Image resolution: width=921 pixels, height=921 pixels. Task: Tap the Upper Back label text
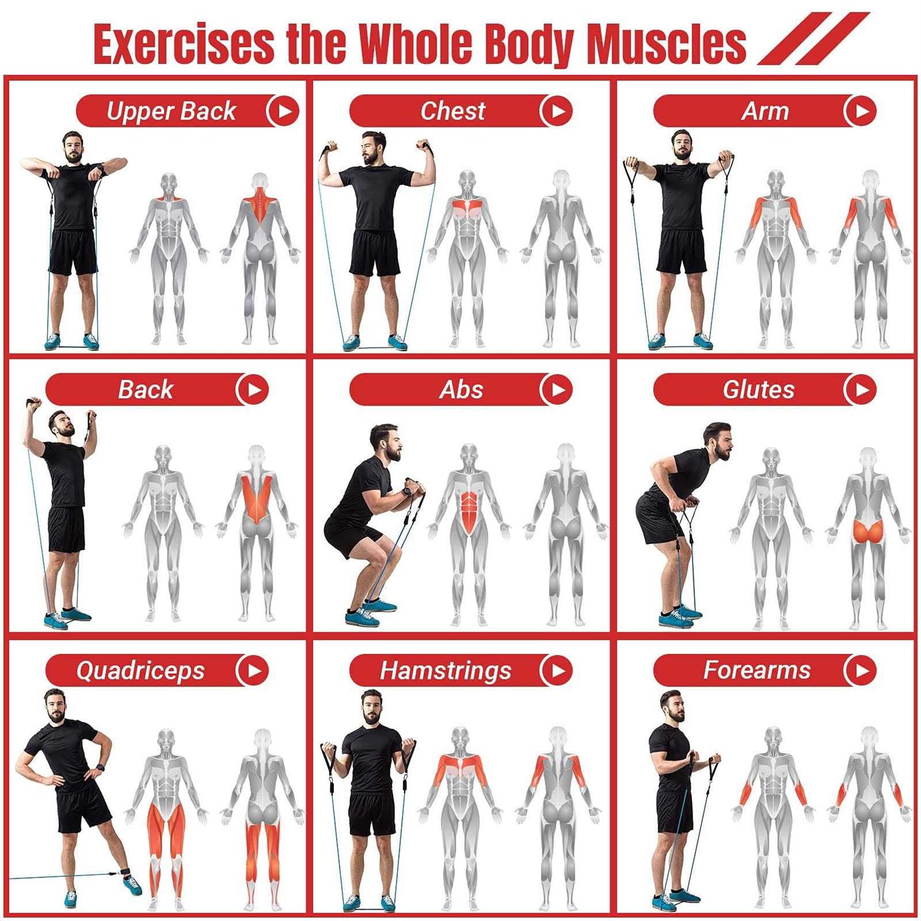tap(171, 112)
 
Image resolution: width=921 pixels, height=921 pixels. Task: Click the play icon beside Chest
tap(556, 111)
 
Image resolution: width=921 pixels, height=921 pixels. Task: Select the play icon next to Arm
tap(860, 111)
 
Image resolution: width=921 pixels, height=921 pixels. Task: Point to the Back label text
tap(146, 389)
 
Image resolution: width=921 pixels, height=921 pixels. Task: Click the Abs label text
tap(461, 390)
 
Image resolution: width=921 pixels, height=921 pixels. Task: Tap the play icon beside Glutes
tap(860, 389)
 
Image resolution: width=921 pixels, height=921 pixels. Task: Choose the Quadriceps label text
tap(140, 671)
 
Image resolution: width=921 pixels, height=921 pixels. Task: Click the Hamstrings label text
tap(445, 670)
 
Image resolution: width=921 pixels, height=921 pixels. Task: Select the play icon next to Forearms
tap(860, 670)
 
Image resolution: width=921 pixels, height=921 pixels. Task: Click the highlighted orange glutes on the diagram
tap(868, 532)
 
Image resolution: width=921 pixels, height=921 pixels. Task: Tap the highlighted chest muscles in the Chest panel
tap(467, 209)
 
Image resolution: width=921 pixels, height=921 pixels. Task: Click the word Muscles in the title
tap(667, 44)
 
